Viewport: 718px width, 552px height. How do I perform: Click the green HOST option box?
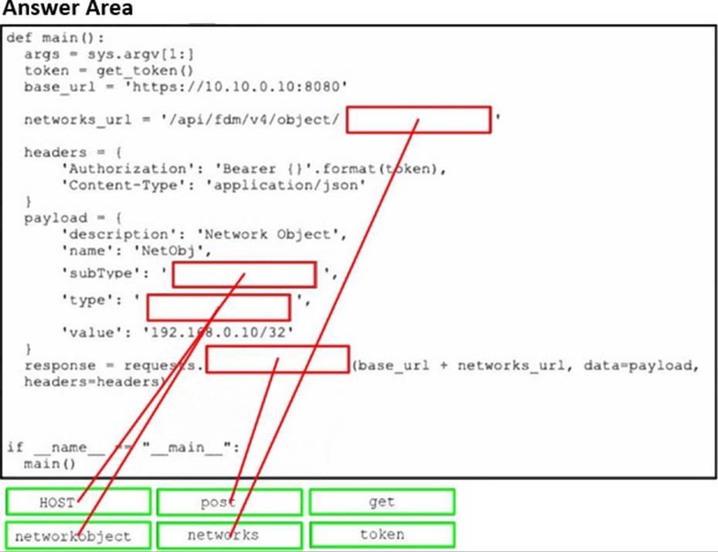(78, 503)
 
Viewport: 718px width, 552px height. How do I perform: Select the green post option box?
(229, 503)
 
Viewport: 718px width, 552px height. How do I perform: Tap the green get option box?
(382, 502)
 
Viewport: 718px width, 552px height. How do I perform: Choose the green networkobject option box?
(78, 535)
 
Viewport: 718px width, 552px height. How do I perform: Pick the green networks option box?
(229, 535)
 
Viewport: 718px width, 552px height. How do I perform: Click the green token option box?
(382, 535)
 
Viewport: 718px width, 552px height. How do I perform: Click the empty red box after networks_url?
(418, 120)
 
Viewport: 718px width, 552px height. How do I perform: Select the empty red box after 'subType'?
(243, 274)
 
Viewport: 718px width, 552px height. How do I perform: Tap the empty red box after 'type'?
(218, 307)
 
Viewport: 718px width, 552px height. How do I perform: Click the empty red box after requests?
(277, 359)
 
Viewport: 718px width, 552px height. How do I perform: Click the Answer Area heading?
(66, 9)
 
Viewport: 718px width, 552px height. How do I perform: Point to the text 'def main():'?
(55, 38)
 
